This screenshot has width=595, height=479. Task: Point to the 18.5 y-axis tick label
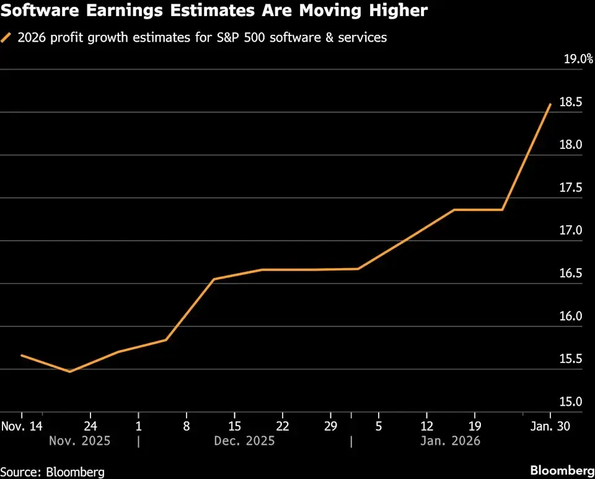(571, 102)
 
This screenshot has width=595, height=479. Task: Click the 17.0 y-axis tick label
(571, 231)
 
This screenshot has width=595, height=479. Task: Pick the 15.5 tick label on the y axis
(571, 359)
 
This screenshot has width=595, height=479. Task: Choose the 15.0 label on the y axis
(571, 402)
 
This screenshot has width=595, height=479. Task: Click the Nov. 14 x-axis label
(22, 426)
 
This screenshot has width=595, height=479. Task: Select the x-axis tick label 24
(90, 426)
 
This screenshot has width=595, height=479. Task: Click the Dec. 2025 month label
(244, 441)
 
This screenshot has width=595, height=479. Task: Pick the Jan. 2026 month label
(450, 441)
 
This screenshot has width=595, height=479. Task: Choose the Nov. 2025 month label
(79, 441)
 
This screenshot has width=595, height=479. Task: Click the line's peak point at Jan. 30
(550, 104)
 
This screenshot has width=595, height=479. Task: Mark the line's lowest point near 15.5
(69, 372)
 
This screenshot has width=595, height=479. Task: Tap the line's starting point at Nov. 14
(22, 356)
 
